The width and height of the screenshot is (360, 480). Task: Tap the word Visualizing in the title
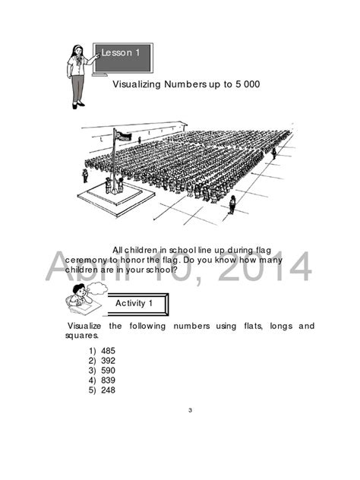click(137, 84)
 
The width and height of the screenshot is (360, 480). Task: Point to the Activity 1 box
click(134, 303)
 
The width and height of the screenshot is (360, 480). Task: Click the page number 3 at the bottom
click(190, 411)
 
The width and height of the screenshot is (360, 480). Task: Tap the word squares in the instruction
click(81, 335)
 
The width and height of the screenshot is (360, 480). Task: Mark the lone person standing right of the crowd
click(232, 203)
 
